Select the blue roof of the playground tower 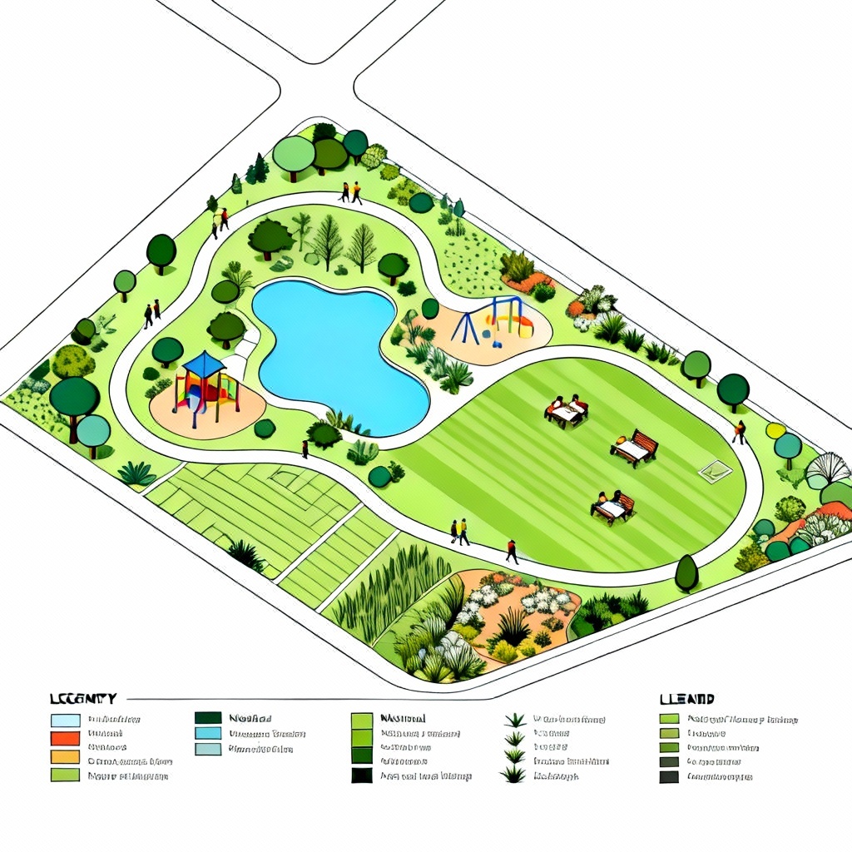tap(204, 363)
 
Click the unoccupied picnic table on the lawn tap(634, 448)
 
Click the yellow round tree tap(775, 430)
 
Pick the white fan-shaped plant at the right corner tap(828, 468)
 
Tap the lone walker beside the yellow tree tap(739, 431)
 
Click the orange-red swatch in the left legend tap(64, 738)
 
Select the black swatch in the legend tap(361, 775)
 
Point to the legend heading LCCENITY tap(82, 699)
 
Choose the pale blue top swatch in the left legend tap(64, 720)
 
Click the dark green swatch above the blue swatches tap(208, 718)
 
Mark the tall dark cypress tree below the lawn tap(686, 573)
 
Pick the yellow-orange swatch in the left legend tap(64, 757)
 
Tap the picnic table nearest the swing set tap(567, 410)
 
